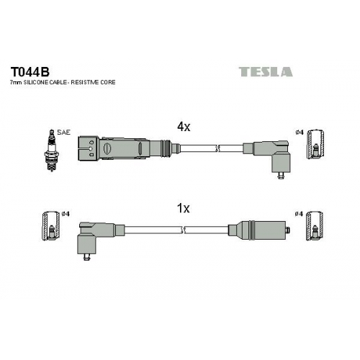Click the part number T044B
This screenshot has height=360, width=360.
[30, 71]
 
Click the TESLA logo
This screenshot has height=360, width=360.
[266, 72]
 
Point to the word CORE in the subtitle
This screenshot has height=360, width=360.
[108, 82]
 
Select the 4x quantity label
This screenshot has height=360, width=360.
[184, 127]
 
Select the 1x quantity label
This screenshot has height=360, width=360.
[183, 208]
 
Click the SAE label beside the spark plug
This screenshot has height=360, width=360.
[64, 132]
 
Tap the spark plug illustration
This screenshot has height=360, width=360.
[51, 150]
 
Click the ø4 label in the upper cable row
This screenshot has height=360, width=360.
[300, 132]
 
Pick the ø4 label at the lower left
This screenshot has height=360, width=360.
[66, 213]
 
